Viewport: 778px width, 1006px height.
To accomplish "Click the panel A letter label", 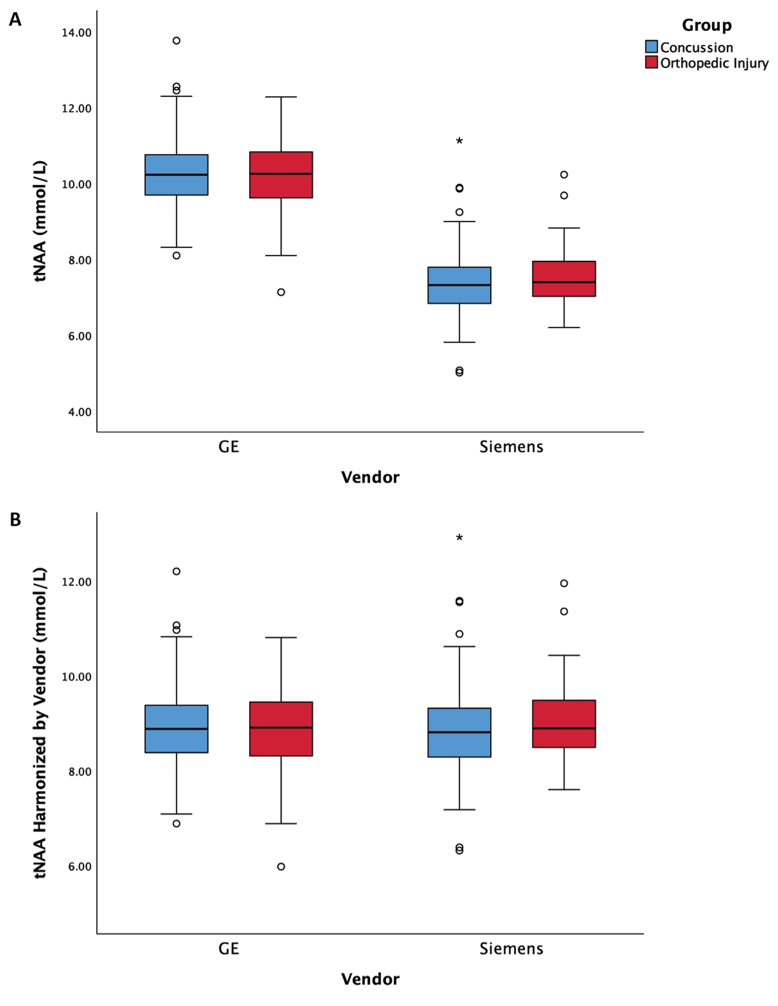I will [15, 20].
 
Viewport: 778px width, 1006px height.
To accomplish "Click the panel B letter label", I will [15, 519].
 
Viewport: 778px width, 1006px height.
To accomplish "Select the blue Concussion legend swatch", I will [651, 47].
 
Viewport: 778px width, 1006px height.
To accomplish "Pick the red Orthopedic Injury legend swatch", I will [651, 63].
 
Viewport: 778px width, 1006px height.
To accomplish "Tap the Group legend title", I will [706, 25].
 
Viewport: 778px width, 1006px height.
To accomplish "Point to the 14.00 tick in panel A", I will [76, 33].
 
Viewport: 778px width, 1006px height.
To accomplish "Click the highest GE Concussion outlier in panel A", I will [176, 40].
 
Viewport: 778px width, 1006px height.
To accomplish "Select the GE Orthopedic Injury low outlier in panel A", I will [281, 292].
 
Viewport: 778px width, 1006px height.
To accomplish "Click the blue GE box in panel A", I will [176, 175].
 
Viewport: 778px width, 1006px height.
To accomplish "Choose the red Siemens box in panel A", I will [564, 279].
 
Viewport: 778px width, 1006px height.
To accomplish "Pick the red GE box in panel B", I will [281, 729].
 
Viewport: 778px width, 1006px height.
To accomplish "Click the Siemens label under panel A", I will [511, 447].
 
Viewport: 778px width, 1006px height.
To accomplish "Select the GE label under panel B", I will [229, 949].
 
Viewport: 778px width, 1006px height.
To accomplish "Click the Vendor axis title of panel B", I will [370, 979].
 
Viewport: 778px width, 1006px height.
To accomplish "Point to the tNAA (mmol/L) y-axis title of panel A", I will [40, 221].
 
